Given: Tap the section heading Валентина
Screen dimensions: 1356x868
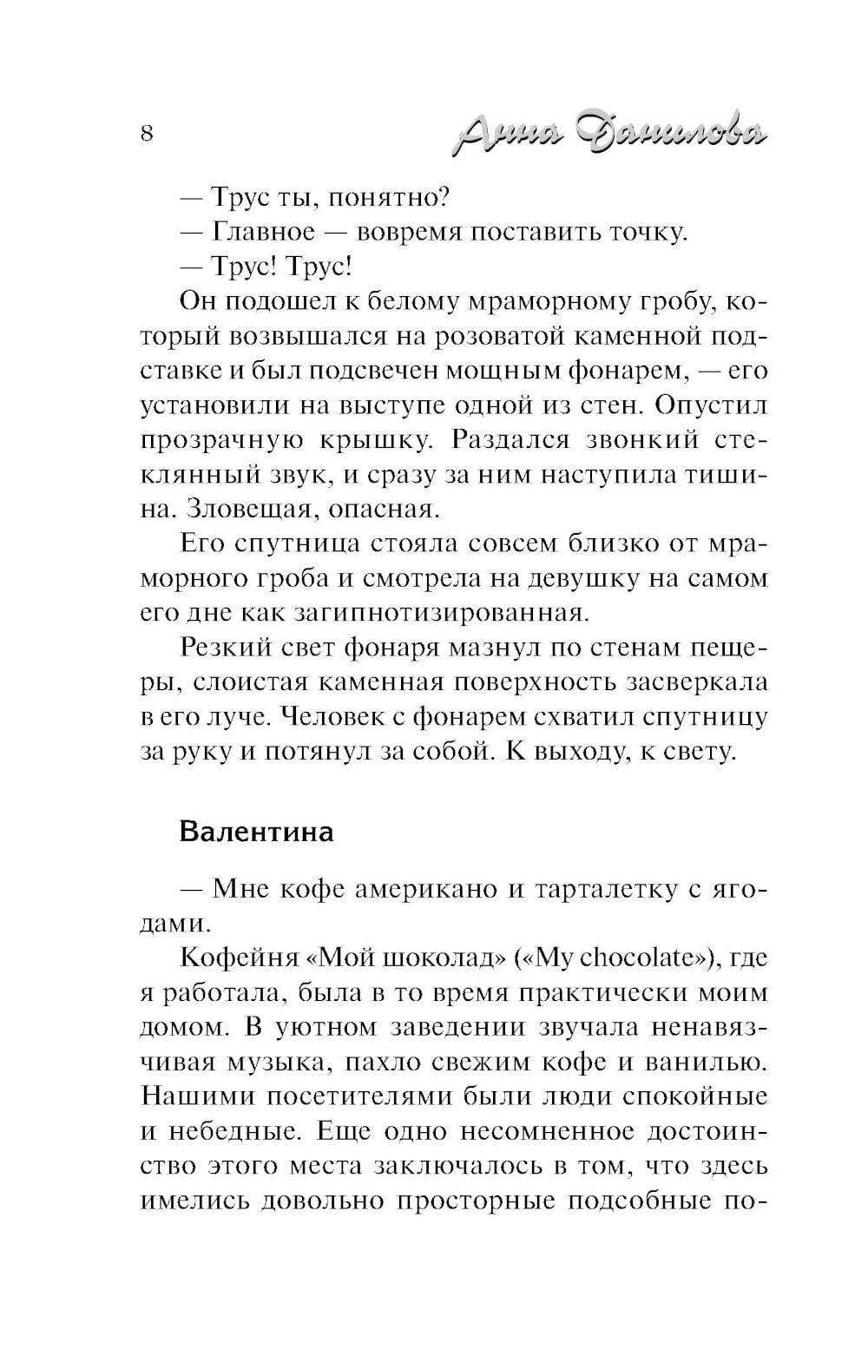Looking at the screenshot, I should pos(256,831).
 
